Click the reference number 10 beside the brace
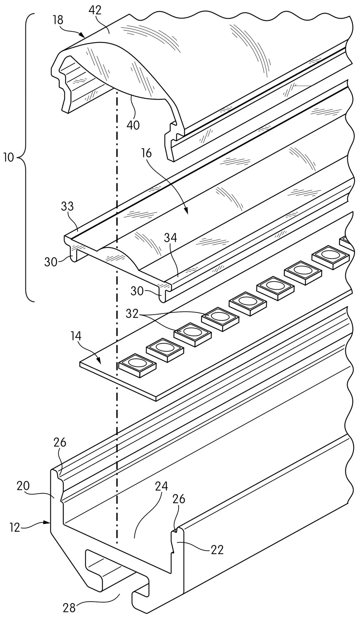[8, 158]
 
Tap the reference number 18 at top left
[57, 20]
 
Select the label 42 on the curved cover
[95, 10]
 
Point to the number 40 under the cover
[133, 125]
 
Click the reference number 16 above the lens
[147, 153]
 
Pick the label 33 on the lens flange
[67, 206]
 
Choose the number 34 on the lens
[171, 238]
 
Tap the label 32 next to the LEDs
[132, 314]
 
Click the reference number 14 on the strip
[76, 336]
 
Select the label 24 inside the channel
[162, 487]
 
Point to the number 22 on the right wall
[217, 549]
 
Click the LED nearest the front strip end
[137, 365]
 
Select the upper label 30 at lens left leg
[51, 262]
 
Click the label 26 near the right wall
[179, 499]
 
